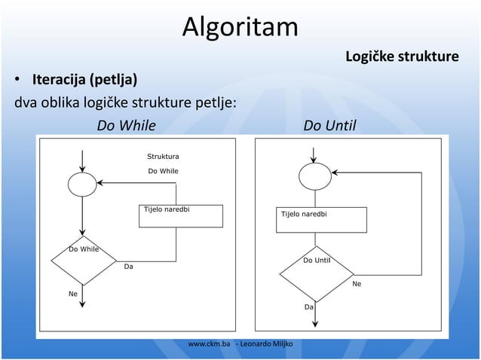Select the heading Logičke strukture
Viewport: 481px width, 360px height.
tap(401, 57)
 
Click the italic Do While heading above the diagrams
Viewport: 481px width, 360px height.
tap(127, 124)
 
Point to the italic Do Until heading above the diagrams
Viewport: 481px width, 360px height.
tap(329, 124)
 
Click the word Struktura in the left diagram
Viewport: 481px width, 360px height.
tap(163, 156)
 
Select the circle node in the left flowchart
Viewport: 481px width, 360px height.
tap(82, 184)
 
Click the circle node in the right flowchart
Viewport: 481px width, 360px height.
tap(314, 177)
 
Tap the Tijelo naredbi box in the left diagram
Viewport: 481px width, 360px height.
tap(181, 215)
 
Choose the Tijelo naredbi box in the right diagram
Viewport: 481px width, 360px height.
tap(323, 219)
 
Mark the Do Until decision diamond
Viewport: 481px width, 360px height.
tap(314, 273)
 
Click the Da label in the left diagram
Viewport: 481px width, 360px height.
tap(129, 267)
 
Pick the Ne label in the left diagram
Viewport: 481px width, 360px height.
tap(73, 294)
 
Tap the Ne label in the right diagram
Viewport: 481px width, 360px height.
tap(357, 284)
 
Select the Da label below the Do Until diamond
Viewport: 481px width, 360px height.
tap(308, 307)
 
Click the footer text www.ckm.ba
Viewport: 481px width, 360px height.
tap(209, 344)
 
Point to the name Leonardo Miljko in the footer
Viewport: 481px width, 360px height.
tap(267, 344)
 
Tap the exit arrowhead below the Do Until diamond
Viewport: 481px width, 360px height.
tap(314, 325)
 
